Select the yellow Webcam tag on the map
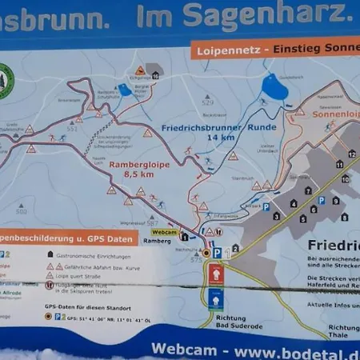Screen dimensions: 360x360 coord(162,231)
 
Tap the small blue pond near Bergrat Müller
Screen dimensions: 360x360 coord(126,90)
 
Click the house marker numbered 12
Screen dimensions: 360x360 coord(351,154)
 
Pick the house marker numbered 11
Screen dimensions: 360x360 coord(339,166)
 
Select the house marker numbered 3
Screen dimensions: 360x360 coord(276,215)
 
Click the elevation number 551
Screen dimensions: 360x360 coord(72,128)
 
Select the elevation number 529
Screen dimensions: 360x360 coord(209,103)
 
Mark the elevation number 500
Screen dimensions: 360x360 coord(22,211)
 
